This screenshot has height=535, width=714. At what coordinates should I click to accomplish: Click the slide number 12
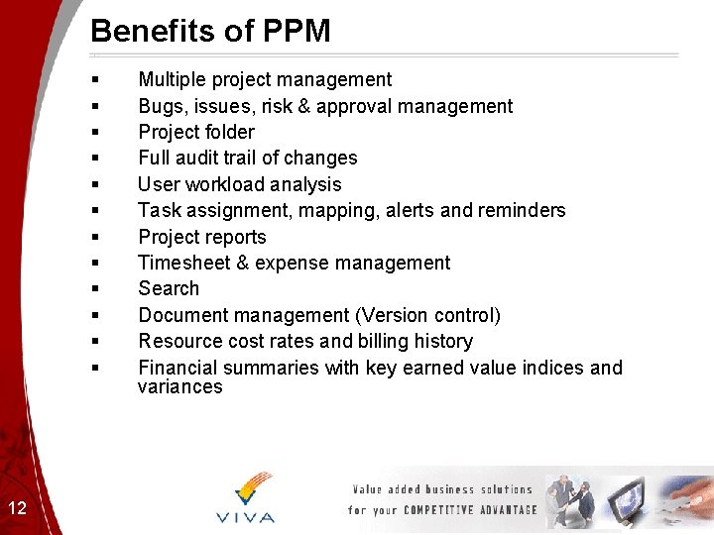pos(17,509)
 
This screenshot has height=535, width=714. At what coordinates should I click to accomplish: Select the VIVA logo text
pos(245,517)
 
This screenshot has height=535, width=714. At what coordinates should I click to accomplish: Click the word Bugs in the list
pos(160,106)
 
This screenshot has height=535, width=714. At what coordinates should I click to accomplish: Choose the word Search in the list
pos(169,288)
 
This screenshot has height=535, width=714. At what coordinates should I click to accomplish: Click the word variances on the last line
pos(180,386)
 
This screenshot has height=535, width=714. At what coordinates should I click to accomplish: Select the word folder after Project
pos(227,132)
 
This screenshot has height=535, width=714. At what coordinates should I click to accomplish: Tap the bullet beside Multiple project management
pos(94,79)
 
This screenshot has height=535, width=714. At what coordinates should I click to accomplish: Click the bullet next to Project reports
pos(94,237)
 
